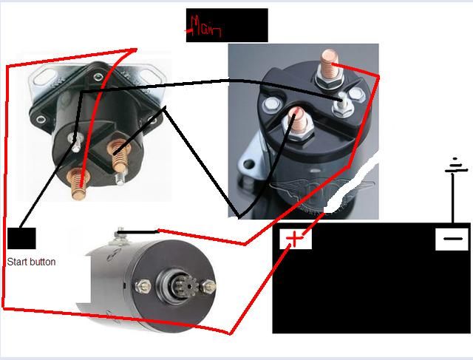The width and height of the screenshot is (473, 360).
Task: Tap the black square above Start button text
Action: (x=21, y=239)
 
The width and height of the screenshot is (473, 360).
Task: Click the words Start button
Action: (x=31, y=262)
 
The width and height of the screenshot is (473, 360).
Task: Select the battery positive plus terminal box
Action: (x=295, y=238)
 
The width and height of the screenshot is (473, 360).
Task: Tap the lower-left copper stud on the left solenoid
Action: (x=75, y=180)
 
